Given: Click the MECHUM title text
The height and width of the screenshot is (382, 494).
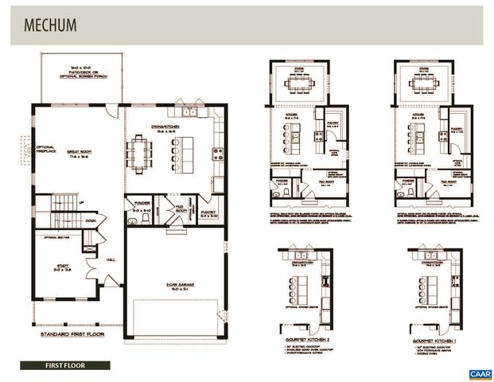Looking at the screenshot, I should (50, 25).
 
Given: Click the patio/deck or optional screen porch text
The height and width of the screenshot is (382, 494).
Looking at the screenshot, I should (82, 71).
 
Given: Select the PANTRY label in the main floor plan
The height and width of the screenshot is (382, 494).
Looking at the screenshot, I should (208, 212).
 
